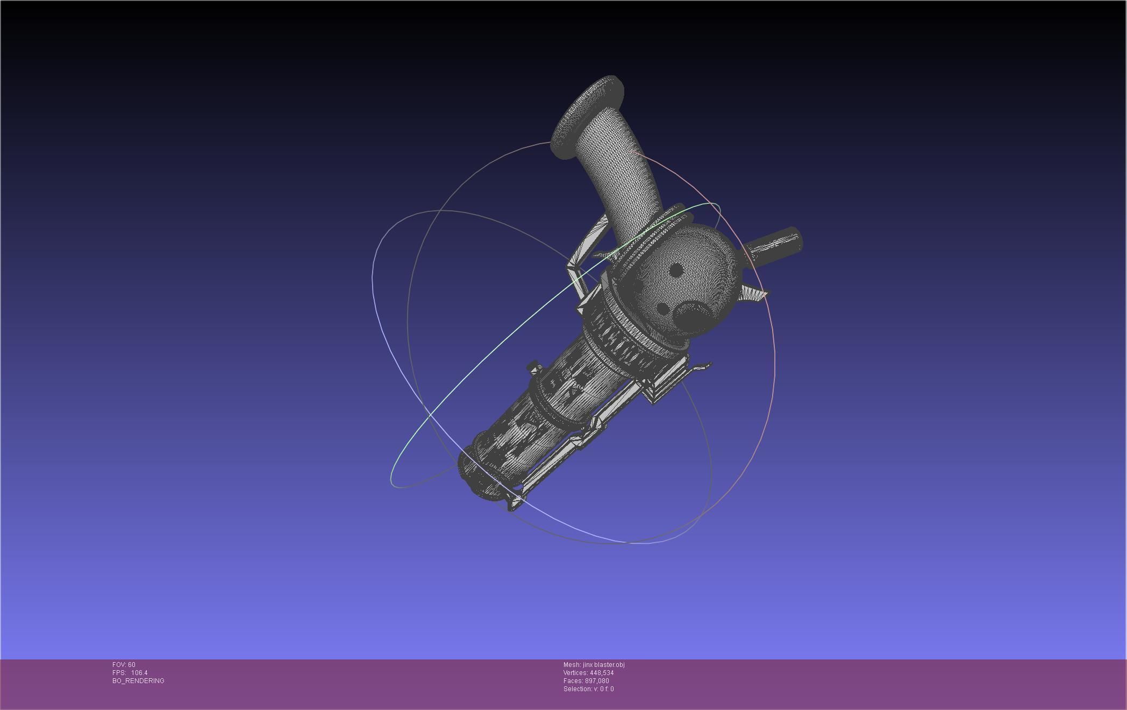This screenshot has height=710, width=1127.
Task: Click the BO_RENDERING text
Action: point(138,681)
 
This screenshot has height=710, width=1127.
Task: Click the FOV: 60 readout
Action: point(124,665)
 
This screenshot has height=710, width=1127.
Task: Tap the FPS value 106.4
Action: point(139,673)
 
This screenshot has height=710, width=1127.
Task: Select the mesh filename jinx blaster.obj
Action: point(603,665)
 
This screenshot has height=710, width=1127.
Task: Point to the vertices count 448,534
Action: point(601,673)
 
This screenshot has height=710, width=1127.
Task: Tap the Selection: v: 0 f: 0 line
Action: point(588,689)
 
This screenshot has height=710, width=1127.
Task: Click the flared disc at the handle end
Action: point(588,116)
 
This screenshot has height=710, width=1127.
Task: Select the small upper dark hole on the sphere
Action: point(677,269)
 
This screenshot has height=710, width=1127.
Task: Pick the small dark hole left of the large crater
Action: point(663,309)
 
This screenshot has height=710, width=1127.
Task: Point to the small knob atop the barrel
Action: point(534,368)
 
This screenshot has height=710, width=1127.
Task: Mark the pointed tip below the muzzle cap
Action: point(513,506)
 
